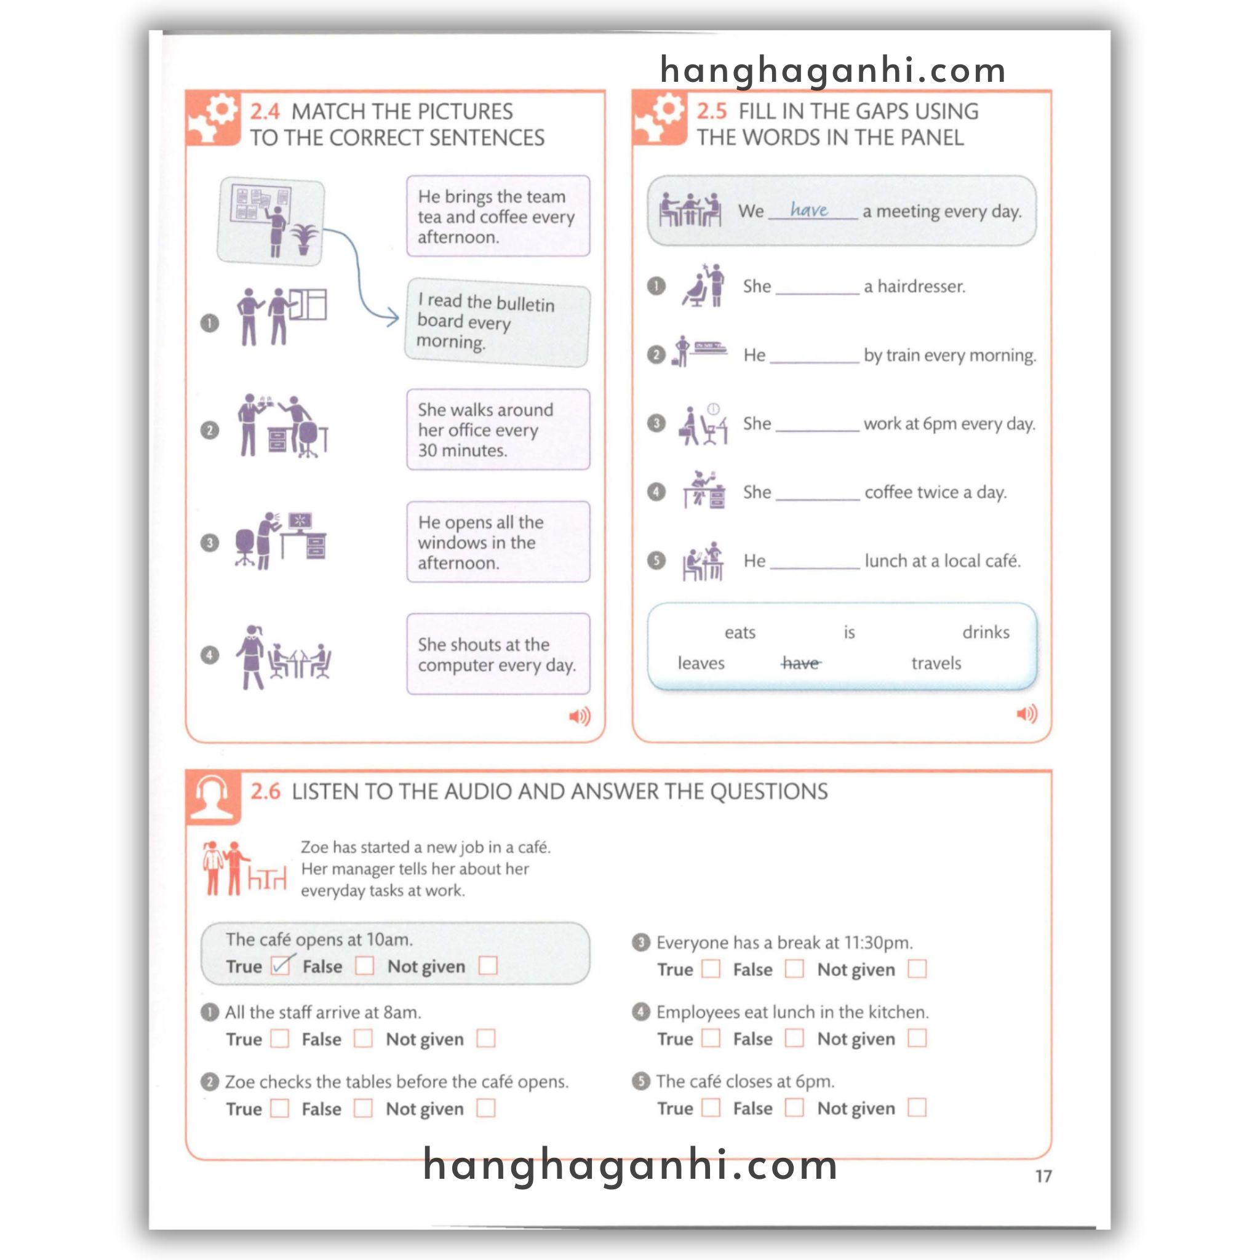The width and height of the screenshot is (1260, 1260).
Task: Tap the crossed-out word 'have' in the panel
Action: [x=801, y=663]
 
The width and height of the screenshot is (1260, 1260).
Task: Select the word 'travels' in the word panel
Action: [x=936, y=663]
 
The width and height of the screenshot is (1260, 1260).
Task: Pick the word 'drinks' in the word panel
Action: [x=986, y=632]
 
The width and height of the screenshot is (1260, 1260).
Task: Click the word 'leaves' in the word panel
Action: [x=701, y=663]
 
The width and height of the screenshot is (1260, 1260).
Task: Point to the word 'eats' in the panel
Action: [x=740, y=632]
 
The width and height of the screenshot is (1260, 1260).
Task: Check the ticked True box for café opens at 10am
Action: [x=281, y=965]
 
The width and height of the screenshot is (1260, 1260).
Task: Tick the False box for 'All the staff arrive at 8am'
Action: [x=363, y=1039]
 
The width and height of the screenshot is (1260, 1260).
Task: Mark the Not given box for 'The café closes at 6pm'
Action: [x=917, y=1107]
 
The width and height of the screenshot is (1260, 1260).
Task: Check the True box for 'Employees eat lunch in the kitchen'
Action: [x=711, y=1038]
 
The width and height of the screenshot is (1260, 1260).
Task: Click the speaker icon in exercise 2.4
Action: [x=579, y=717]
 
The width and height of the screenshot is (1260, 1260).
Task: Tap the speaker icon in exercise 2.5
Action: [x=1027, y=714]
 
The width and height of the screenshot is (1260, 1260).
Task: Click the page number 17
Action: [x=1043, y=1176]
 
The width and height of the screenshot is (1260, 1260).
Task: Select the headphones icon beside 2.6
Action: [x=213, y=797]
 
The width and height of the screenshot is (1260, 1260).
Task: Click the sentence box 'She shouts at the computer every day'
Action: [x=498, y=654]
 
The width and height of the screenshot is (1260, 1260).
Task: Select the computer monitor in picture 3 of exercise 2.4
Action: [x=300, y=520]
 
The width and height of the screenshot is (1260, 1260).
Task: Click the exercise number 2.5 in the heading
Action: [x=711, y=111]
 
